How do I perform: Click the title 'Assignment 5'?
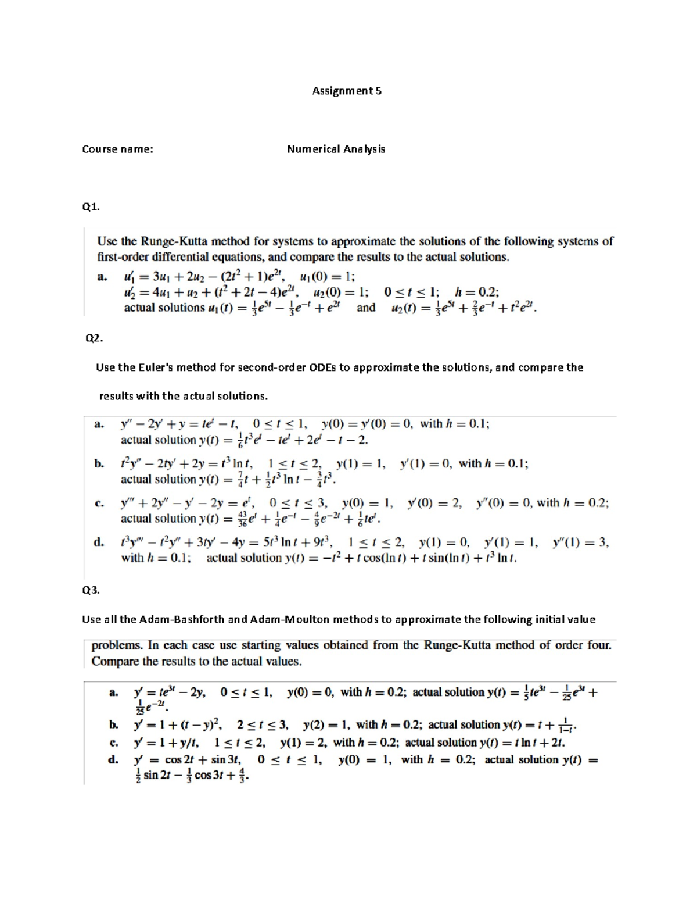[x=347, y=91]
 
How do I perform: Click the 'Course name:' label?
[x=117, y=149]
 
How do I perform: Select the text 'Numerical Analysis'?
[x=336, y=149]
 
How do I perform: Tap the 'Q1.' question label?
[x=91, y=206]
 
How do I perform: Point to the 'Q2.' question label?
[x=94, y=338]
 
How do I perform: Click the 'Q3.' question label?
[x=91, y=590]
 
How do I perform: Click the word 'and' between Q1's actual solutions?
[x=366, y=308]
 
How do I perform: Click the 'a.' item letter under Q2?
[x=99, y=424]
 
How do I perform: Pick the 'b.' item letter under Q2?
[x=99, y=463]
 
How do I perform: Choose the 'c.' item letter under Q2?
[x=99, y=503]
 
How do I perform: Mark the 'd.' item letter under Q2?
[x=99, y=542]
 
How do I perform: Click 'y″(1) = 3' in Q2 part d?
[x=579, y=542]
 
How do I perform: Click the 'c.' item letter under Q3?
[x=114, y=743]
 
